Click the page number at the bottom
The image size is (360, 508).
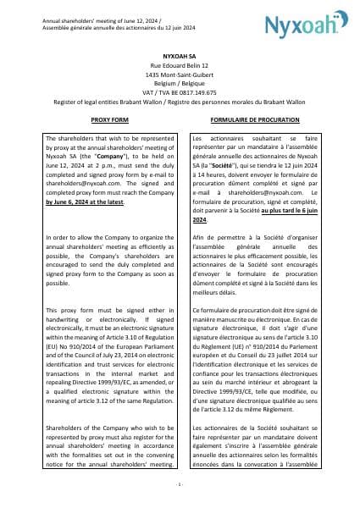[x=180, y=483]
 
